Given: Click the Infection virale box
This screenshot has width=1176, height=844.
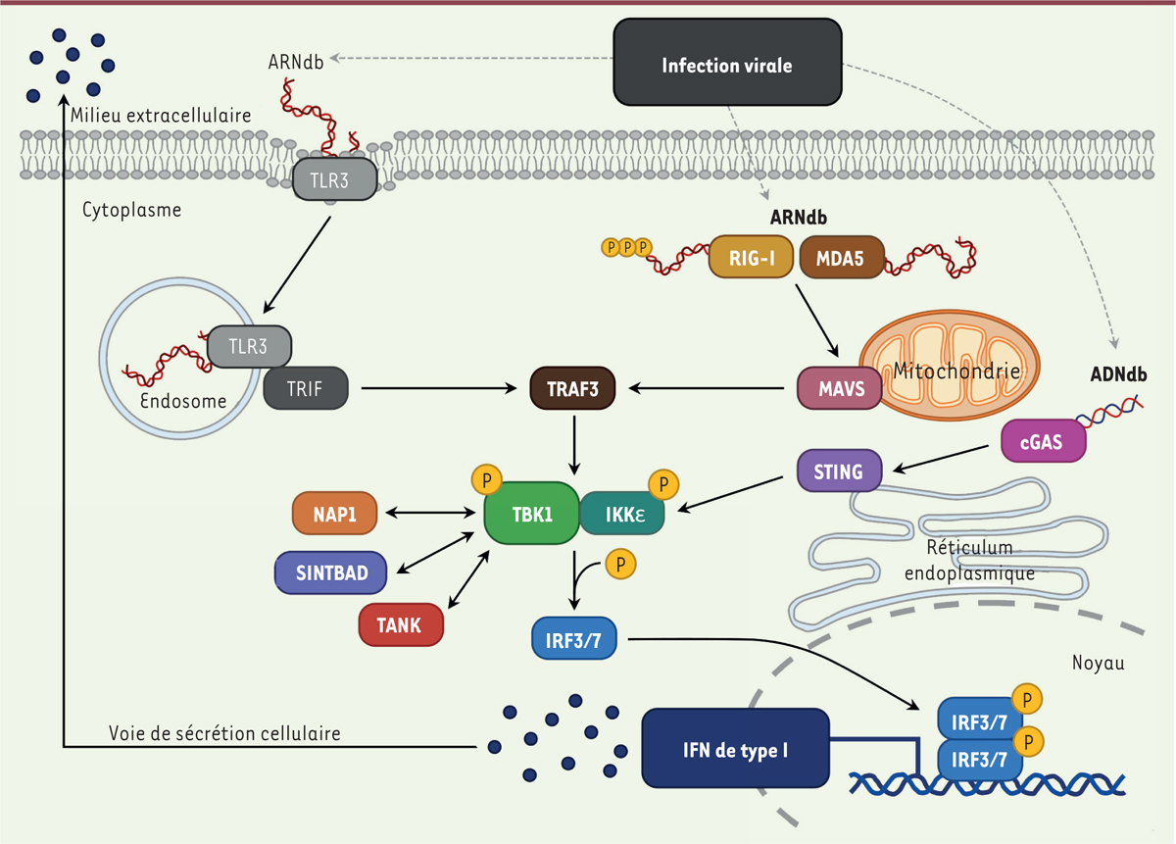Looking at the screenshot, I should tap(726, 66).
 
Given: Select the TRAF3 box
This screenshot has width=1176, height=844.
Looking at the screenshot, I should tap(572, 388).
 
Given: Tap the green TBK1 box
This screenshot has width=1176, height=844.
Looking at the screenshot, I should tap(530, 512).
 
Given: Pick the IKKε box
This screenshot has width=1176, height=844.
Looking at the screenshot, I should tap(621, 512).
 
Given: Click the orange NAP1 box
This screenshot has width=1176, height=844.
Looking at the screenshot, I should tap(334, 513).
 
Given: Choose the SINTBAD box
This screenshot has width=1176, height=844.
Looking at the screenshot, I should tap(329, 572).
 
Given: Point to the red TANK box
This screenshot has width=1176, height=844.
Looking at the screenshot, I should tap(401, 625).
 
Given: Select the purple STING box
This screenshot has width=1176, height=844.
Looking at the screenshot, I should tap(839, 472).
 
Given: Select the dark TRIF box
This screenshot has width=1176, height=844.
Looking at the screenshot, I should tap(306, 388).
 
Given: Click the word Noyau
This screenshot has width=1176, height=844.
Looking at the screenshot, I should tap(1099, 664).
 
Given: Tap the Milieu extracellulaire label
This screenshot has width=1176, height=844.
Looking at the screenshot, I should tap(161, 116).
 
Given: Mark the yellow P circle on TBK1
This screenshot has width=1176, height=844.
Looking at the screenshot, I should tap(486, 479).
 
